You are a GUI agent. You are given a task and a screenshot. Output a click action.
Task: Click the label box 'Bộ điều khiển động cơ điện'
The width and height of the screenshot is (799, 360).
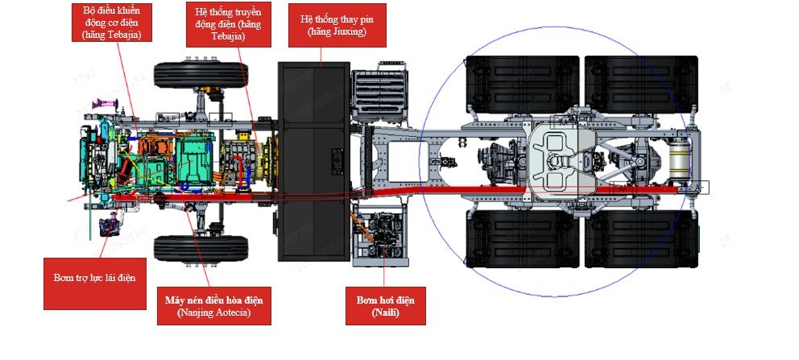click(x=107, y=23)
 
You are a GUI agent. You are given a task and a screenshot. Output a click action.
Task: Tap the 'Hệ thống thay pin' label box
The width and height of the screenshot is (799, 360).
click(x=337, y=26)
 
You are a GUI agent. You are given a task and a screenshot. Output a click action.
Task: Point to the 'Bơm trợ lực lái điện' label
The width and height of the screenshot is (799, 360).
click(x=89, y=278)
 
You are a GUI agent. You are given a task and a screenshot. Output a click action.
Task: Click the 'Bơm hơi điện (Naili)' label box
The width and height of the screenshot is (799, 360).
click(x=386, y=306)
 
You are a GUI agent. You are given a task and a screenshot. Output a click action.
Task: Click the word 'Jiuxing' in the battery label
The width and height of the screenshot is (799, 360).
click(x=348, y=31)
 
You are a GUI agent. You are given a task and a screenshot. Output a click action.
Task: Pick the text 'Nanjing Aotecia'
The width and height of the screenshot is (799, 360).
click(x=213, y=312)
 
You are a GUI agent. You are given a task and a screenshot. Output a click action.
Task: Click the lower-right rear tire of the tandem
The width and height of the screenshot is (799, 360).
click(x=640, y=238)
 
